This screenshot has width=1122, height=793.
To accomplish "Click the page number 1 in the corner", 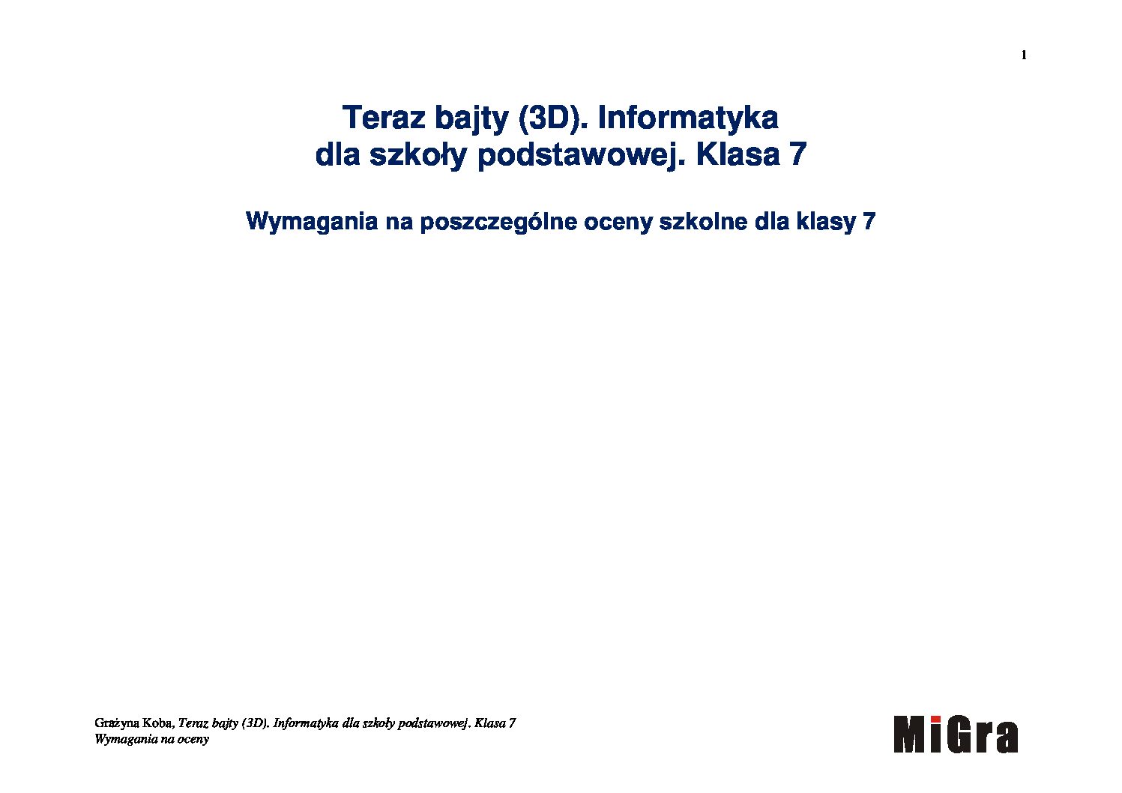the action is point(1024,55).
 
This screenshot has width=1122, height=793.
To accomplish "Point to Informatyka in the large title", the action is point(688,118).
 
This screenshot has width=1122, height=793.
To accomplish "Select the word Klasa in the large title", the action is point(738,154).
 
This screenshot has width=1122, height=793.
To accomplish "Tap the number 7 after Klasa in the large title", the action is point(797,154).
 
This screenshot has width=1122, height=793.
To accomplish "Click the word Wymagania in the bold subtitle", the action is point(312,221).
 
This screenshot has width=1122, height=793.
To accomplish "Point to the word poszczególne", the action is point(498,222).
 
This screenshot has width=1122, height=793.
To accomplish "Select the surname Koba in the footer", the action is point(158,723).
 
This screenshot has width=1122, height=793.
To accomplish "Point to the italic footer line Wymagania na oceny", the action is point(151,739).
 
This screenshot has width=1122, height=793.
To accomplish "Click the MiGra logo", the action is point(956,735).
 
